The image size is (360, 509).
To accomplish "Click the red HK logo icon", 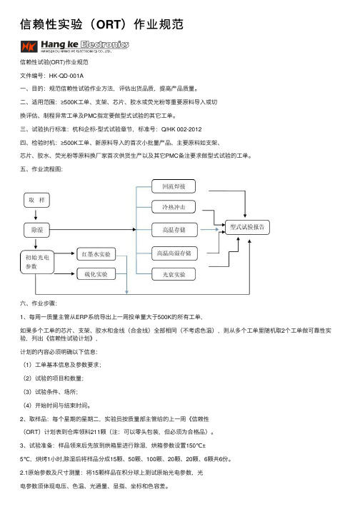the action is pyautogui.click(x=29, y=46).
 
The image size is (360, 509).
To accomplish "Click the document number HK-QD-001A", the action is pyautogui.click(x=66, y=76).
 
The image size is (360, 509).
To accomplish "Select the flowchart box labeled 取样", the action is pyautogui.click(x=36, y=201).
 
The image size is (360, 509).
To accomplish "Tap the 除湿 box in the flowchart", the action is pyautogui.click(x=36, y=230).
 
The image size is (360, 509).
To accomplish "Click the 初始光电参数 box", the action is pyautogui.click(x=37, y=262).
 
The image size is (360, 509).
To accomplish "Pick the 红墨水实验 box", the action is pyautogui.click(x=96, y=254).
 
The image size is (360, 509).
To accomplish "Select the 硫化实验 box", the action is pyautogui.click(x=96, y=274).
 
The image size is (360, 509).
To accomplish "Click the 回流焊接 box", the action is pyautogui.click(x=174, y=186).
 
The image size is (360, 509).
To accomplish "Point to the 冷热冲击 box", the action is pyautogui.click(x=174, y=207).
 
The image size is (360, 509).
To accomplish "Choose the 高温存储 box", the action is pyautogui.click(x=174, y=230).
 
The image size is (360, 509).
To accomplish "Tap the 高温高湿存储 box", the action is pyautogui.click(x=174, y=253).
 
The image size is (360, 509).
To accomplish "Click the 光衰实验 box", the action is pyautogui.click(x=174, y=274).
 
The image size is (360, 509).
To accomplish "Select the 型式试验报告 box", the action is pyautogui.click(x=247, y=227).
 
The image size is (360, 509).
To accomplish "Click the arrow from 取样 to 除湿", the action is pyautogui.click(x=36, y=214).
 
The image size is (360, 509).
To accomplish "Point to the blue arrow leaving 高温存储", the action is pyautogui.click(x=209, y=229).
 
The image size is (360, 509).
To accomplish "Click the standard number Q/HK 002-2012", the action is pyautogui.click(x=181, y=129).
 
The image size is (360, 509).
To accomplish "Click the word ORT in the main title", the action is pyautogui.click(x=109, y=24).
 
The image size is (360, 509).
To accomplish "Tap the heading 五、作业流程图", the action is pyautogui.click(x=41, y=169).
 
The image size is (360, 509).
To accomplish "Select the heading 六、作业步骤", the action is pyautogui.click(x=39, y=303).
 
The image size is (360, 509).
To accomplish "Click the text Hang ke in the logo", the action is pyautogui.click(x=59, y=44).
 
